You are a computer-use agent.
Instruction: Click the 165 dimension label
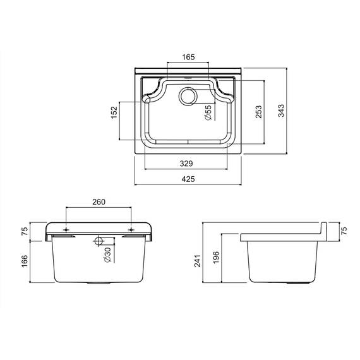[x=188, y=57]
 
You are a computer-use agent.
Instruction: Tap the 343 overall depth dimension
[x=281, y=111]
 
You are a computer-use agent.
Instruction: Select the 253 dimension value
[x=259, y=112]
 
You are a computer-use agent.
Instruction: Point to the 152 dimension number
[x=114, y=112]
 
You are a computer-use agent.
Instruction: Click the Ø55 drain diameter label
[x=208, y=113]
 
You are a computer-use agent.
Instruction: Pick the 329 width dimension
[x=186, y=164]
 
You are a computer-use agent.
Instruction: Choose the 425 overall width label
[x=188, y=179]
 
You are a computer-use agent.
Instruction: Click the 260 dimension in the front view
[x=99, y=202]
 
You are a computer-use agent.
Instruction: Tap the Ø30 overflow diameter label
[x=107, y=255]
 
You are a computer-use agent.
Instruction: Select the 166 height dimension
[x=25, y=261]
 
